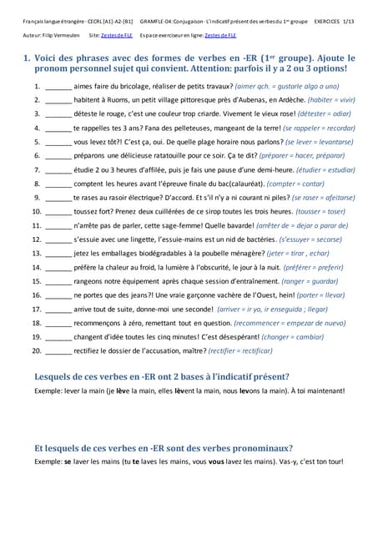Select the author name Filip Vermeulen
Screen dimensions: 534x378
coord(63,37)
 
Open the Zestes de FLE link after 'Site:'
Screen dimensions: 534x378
coord(118,37)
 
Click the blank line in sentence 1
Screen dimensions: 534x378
coord(58,87)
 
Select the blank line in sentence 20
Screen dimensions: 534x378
coord(58,351)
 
